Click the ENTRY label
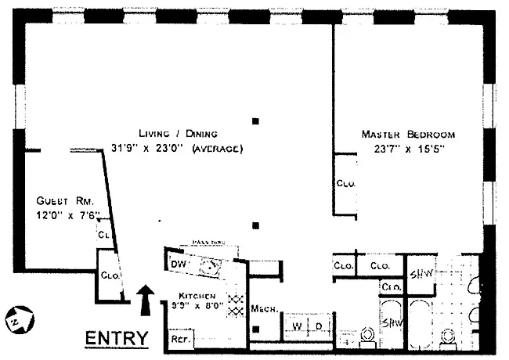click(x=116, y=339)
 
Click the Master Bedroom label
click(x=407, y=135)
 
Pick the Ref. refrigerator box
click(x=181, y=340)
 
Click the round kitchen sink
click(x=208, y=266)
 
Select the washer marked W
click(x=297, y=326)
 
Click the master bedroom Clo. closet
click(x=345, y=184)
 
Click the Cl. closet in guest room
click(x=103, y=234)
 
